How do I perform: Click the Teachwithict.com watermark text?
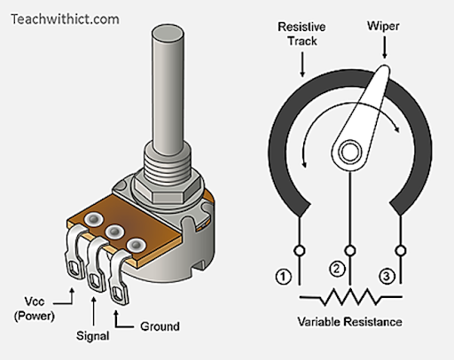65,20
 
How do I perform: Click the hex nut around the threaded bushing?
168,189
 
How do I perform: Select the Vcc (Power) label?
35,309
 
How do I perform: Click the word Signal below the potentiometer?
92,336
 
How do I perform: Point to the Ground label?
160,326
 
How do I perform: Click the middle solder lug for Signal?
97,265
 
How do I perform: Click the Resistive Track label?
301,34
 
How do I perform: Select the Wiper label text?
383,26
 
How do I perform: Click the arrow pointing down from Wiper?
384,47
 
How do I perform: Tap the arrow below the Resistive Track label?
302,65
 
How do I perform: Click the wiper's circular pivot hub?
350,152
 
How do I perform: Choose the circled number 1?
283,277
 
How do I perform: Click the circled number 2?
337,269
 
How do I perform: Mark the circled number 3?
387,277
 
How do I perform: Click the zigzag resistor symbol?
351,297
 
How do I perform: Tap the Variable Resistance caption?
349,322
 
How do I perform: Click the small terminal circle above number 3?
401,251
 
